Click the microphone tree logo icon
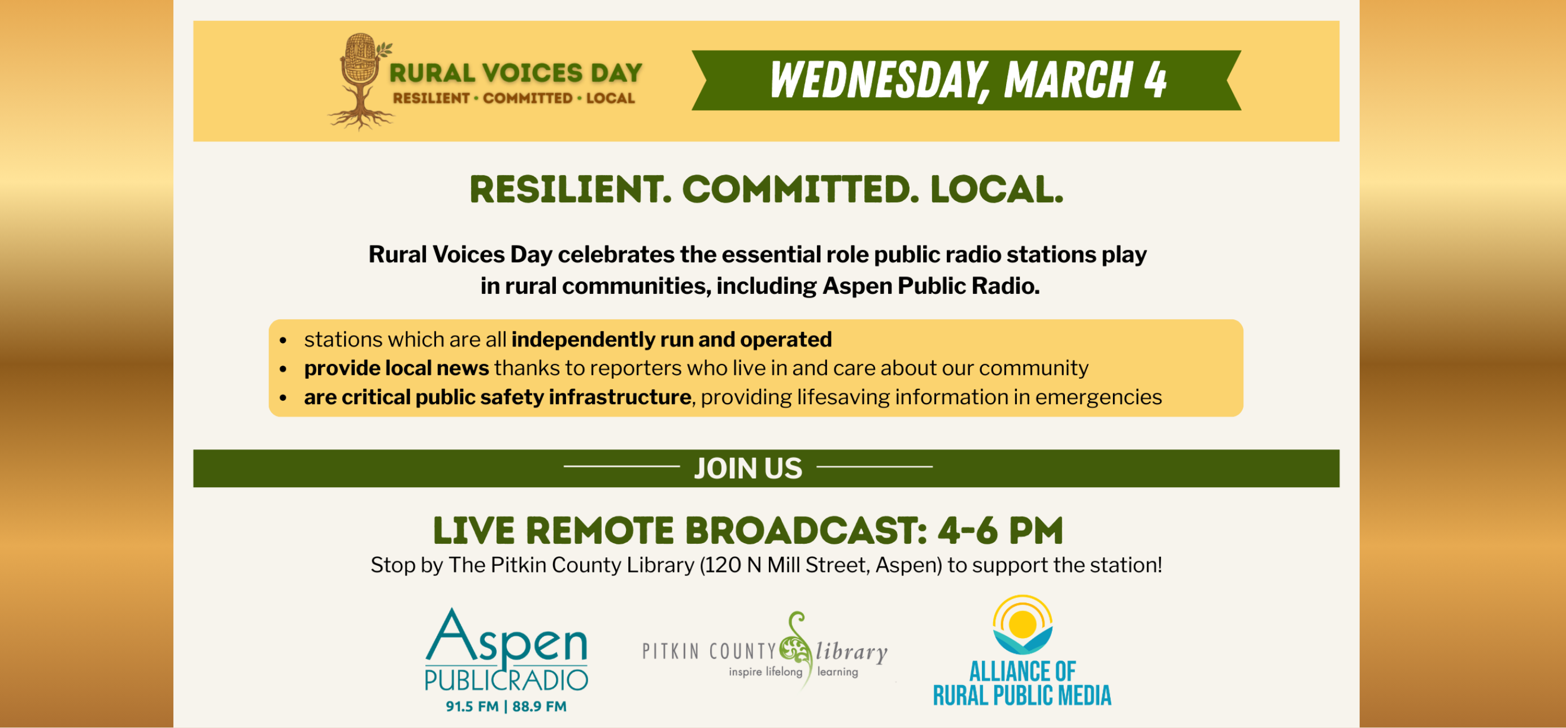360,79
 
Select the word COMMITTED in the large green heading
800,190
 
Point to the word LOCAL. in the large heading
997,190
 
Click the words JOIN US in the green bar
748,469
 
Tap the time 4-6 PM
1000,530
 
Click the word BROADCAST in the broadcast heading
806,530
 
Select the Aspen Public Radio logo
506,651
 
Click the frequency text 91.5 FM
472,706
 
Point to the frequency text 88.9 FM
539,706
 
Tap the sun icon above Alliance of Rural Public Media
1023,623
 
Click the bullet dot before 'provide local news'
282,369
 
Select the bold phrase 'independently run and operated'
671,339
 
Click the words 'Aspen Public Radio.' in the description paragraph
930,286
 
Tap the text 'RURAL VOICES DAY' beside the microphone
516,73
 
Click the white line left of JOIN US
621,466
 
